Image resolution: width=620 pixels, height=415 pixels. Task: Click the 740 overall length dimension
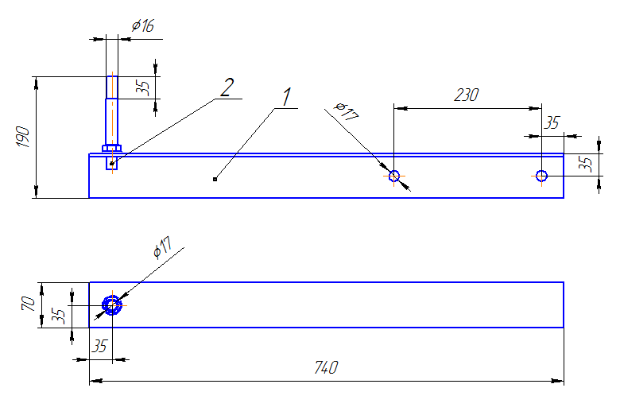tap(326, 367)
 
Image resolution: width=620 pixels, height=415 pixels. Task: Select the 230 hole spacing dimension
tap(467, 95)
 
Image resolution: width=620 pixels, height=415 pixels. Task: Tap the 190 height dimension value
tap(23, 137)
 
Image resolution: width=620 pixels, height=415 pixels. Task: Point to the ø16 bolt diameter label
tap(143, 25)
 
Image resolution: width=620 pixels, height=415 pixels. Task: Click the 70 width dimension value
tap(28, 304)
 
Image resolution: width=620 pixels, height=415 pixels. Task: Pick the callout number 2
tap(227, 87)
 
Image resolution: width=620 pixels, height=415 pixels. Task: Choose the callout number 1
tap(287, 97)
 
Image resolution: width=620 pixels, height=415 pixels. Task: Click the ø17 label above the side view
tap(347, 111)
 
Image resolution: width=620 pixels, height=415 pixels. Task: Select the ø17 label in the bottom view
tap(162, 247)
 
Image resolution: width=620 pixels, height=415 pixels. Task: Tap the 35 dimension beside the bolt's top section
tap(143, 87)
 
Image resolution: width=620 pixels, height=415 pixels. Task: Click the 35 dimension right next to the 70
tap(58, 316)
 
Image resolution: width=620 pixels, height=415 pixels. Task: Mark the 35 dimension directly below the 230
tap(552, 123)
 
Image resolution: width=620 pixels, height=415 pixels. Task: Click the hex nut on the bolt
tap(112, 149)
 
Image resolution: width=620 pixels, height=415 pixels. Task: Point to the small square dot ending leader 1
tap(215, 179)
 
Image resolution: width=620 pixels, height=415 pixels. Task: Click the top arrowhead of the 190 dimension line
tap(37, 83)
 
